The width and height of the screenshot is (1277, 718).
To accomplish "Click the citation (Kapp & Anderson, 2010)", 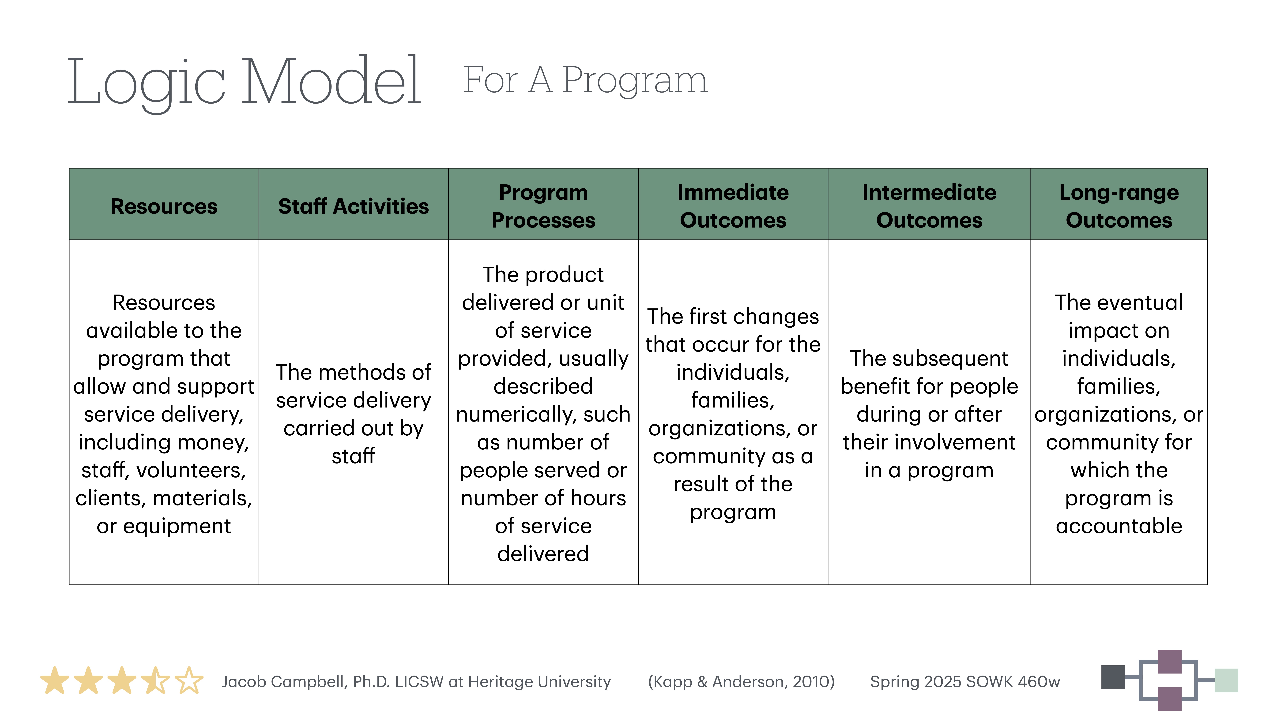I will tap(741, 682).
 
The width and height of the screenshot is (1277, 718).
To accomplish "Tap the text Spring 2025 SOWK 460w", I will tap(965, 682).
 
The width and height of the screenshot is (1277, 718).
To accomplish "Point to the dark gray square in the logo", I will tap(1113, 677).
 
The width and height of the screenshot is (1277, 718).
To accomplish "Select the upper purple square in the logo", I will tap(1170, 662).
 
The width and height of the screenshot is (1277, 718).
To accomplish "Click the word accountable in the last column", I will tap(1119, 526).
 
